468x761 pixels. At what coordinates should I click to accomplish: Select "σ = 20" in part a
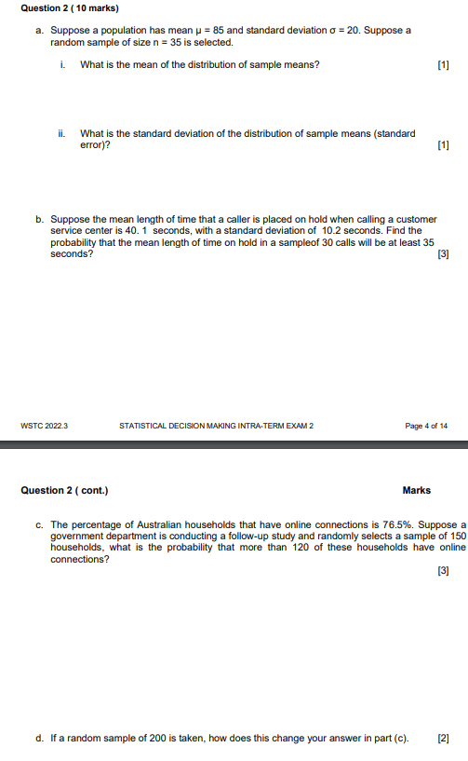coord(341,31)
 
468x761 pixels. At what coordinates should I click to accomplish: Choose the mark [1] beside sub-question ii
coord(442,145)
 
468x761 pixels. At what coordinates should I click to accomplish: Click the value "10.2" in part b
coord(333,230)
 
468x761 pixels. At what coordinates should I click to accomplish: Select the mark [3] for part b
coord(442,253)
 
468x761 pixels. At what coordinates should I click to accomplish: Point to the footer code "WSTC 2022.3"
coord(44,426)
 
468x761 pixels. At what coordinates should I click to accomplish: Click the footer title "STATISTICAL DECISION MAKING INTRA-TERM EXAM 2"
coord(217,426)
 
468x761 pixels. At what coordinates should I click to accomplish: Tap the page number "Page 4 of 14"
coord(426,426)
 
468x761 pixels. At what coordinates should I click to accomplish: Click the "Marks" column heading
coord(416,490)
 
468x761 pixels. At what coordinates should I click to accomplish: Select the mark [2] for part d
coord(442,739)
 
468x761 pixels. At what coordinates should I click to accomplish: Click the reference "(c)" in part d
coord(400,739)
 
